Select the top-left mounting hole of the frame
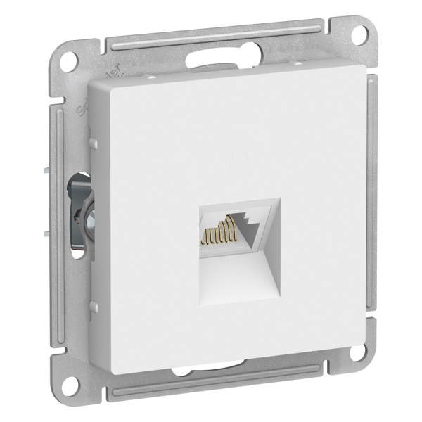[x=70, y=59]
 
